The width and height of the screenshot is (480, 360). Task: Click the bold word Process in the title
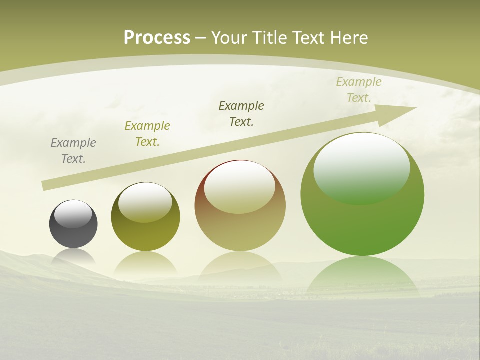click(x=157, y=38)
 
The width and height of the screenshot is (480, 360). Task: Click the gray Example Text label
click(x=73, y=151)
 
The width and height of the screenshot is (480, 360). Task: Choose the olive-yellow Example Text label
click(x=147, y=134)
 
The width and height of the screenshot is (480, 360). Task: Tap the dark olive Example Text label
click(x=241, y=114)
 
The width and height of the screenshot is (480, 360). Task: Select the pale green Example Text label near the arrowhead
click(x=359, y=90)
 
